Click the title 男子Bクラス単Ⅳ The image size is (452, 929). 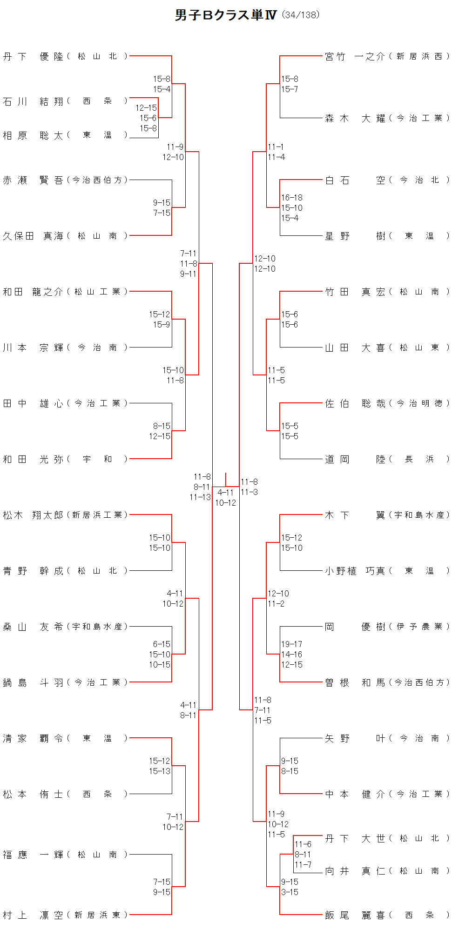click(x=226, y=15)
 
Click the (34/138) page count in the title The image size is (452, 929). click(x=301, y=15)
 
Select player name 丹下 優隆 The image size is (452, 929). click(x=33, y=57)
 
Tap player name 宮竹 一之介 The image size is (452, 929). click(x=355, y=57)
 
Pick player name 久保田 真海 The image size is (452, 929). click(x=33, y=236)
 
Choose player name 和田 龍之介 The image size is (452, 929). click(x=33, y=292)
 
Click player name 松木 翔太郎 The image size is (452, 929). click(x=33, y=515)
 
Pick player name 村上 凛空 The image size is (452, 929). click(x=33, y=916)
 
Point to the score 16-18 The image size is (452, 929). click(x=291, y=198)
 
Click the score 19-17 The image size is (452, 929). click(x=291, y=644)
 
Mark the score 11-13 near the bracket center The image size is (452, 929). click(x=200, y=497)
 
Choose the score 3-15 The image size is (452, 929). click(x=290, y=892)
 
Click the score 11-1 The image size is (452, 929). click(x=276, y=147)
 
